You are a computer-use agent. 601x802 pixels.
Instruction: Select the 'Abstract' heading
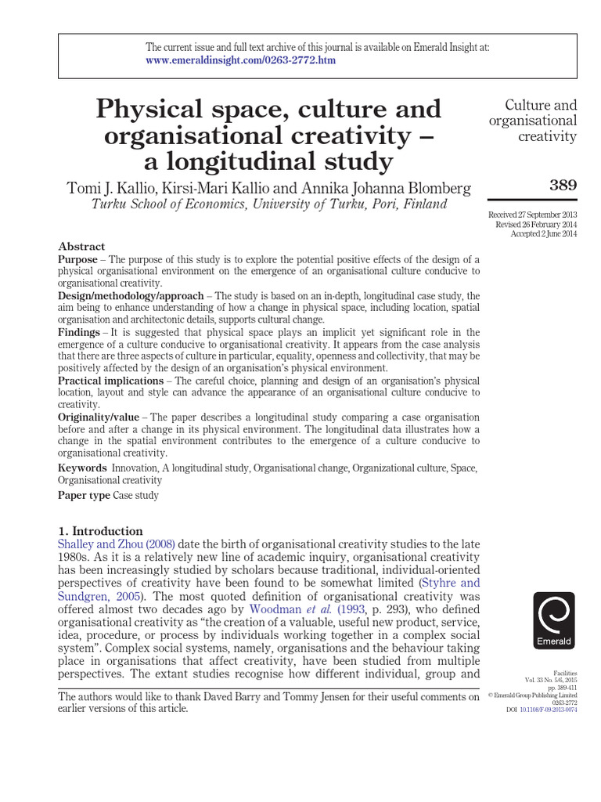[x=81, y=246]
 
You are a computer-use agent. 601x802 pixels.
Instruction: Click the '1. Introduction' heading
[x=101, y=530]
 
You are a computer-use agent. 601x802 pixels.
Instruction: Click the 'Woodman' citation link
[x=275, y=609]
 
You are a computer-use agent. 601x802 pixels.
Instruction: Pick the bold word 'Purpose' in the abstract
[x=77, y=259]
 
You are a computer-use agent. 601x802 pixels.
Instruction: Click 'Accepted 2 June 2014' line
[x=543, y=233]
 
